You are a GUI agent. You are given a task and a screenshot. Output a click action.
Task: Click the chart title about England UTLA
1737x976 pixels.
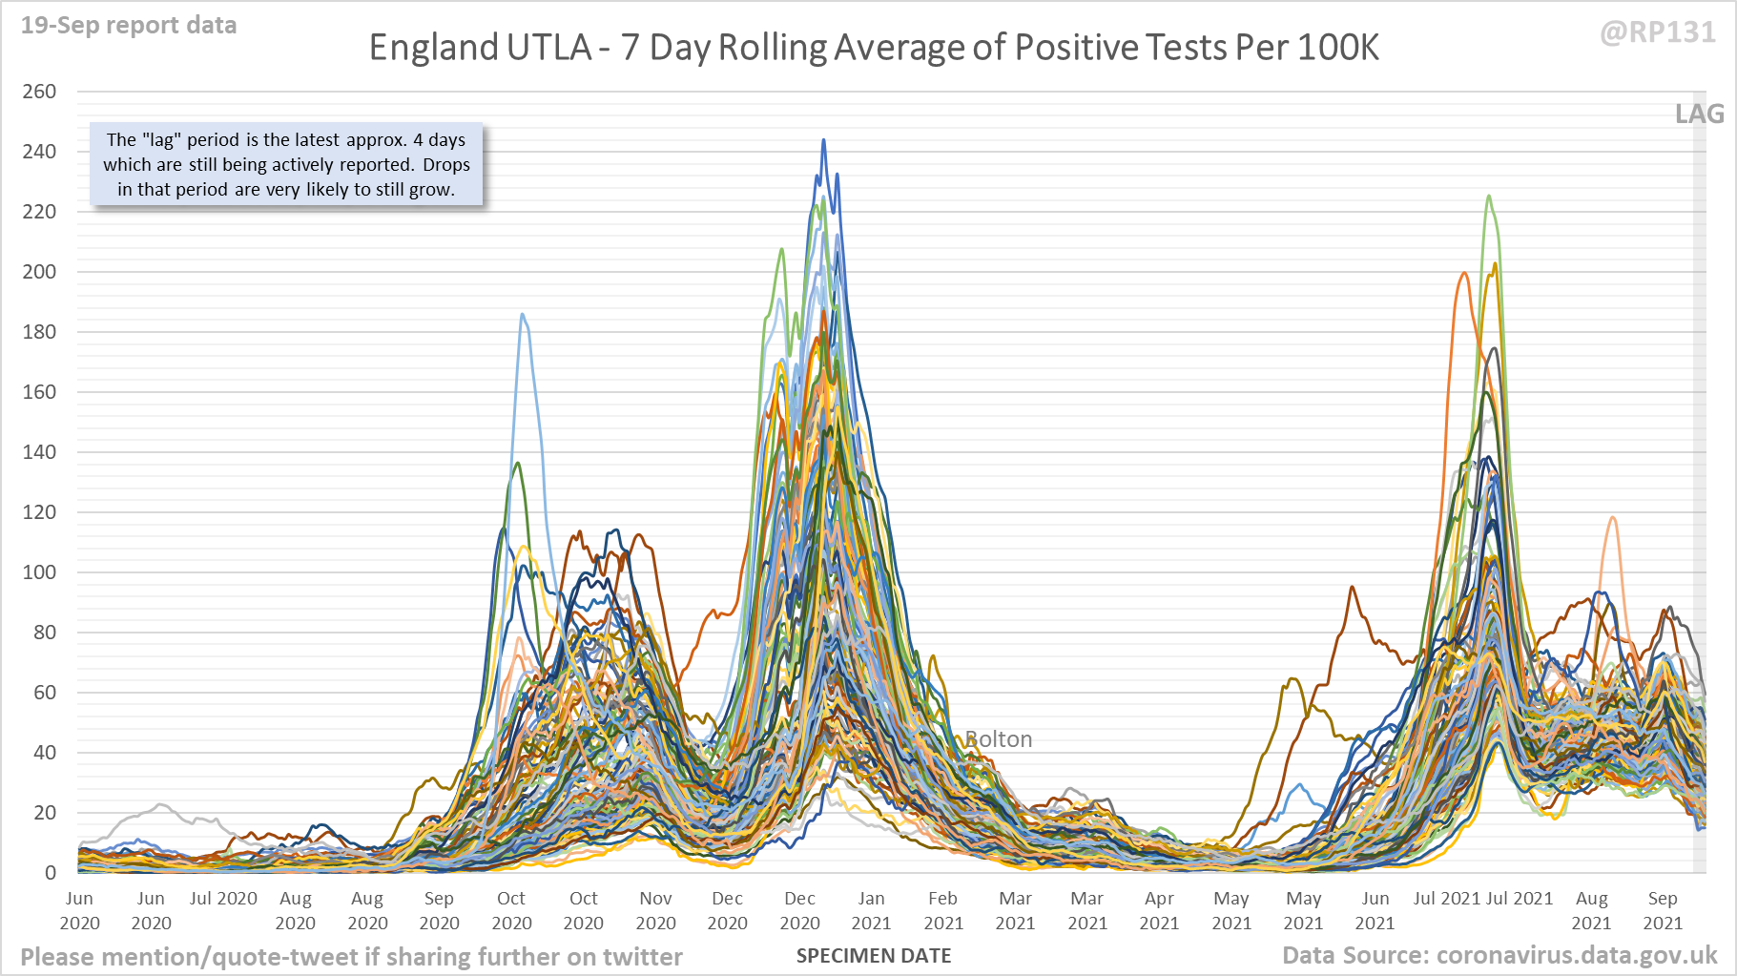(x=874, y=48)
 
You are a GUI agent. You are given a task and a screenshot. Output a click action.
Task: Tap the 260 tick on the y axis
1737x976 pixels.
(x=39, y=92)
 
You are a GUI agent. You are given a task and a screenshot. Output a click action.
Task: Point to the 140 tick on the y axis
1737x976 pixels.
(x=39, y=452)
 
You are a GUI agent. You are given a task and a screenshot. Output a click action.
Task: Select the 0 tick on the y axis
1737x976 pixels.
(x=51, y=872)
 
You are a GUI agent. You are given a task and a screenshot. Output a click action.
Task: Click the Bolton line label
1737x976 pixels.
(x=999, y=739)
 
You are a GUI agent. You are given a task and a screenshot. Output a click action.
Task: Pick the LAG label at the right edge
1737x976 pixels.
(x=1699, y=114)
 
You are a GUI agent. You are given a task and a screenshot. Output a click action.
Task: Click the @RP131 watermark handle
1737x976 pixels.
(x=1657, y=32)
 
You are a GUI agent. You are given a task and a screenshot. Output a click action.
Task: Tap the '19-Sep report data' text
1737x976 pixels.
(x=129, y=25)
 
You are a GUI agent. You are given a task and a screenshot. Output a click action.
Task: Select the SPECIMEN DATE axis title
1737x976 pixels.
(x=874, y=956)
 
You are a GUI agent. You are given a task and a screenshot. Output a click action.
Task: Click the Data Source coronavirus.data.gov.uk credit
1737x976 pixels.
(x=1499, y=956)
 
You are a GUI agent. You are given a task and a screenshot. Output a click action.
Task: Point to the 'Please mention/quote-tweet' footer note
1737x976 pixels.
(x=351, y=957)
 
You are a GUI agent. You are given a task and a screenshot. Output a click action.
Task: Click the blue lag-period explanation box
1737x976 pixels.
(x=286, y=164)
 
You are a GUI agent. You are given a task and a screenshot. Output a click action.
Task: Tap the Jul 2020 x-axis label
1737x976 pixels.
(x=223, y=899)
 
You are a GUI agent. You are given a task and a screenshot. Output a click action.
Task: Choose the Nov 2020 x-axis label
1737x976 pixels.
(x=655, y=910)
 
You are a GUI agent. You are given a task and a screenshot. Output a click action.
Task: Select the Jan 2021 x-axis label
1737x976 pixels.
(x=871, y=910)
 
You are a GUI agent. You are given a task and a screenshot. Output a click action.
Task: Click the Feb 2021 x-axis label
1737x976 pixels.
(x=943, y=910)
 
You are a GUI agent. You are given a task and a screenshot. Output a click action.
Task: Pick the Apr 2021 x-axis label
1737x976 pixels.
(x=1159, y=910)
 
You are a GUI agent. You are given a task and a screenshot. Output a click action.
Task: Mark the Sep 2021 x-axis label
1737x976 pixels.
(x=1663, y=910)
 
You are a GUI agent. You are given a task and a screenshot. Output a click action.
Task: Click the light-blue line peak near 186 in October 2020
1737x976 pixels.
(x=522, y=314)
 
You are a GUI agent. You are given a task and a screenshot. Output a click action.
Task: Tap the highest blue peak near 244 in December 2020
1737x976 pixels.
(x=823, y=140)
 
